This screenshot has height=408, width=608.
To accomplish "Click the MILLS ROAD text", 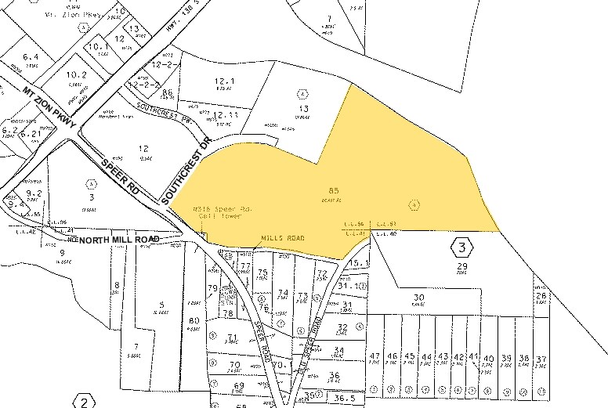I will click(282, 237).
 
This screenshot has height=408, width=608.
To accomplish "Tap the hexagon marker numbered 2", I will click(83, 402).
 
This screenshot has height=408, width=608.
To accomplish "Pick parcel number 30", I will click(419, 298).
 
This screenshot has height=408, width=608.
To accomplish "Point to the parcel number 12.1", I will click(223, 81).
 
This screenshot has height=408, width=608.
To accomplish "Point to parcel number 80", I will click(194, 320).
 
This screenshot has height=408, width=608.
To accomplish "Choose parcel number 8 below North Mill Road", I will click(116, 284).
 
